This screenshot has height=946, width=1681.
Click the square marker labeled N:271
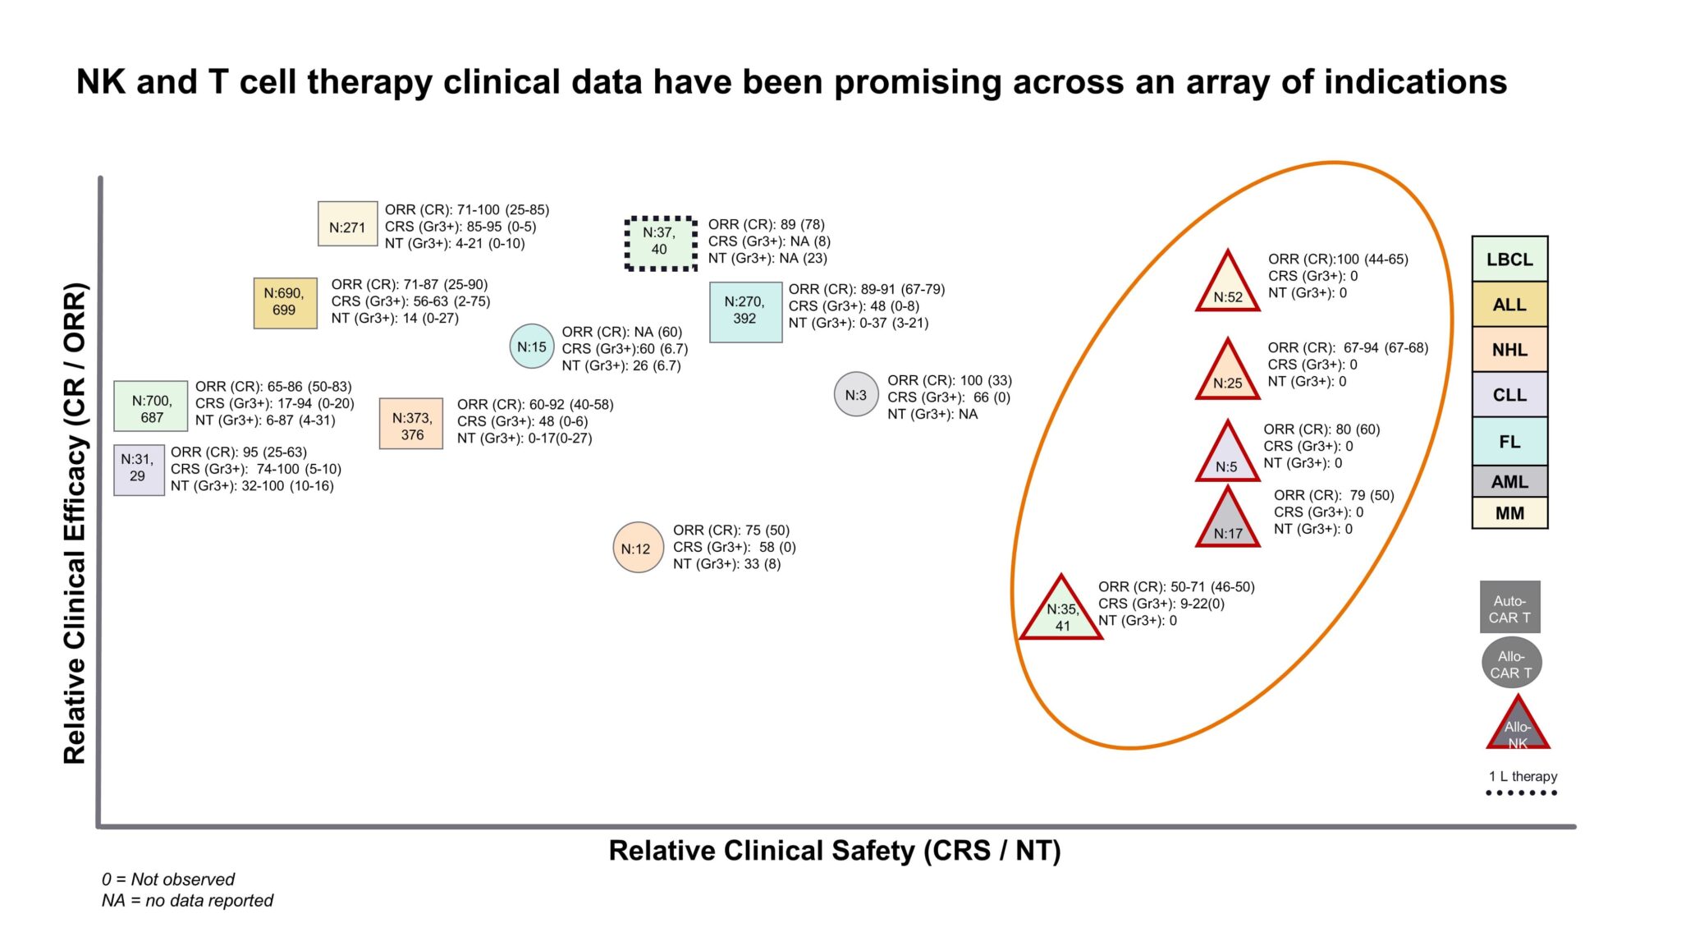347,223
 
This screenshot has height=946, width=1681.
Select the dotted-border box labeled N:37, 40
660,243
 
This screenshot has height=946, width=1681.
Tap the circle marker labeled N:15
532,347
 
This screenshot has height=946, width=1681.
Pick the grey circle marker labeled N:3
856,395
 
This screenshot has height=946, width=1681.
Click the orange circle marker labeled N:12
637,548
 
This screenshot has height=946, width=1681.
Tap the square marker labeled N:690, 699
285,302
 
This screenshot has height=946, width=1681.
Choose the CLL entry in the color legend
1509,395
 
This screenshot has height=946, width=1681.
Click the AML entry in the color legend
1509,481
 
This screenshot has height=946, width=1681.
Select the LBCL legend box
1509,259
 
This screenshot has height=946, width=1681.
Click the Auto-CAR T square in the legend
1509,608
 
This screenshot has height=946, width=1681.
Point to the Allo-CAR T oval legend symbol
1511,664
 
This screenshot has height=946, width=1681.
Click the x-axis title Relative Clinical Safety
834,851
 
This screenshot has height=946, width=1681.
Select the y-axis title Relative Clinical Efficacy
75,523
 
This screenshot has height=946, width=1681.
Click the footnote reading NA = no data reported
187,901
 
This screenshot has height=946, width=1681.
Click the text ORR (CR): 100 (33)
949,380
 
